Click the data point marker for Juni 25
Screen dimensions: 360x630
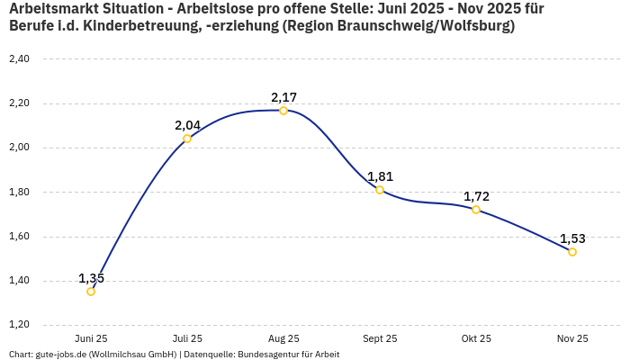pyautogui.click(x=91, y=292)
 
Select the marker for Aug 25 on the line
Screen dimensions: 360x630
pyautogui.click(x=283, y=111)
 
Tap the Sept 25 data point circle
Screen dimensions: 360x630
pyautogui.click(x=380, y=190)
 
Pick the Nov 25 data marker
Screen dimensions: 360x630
pyautogui.click(x=572, y=252)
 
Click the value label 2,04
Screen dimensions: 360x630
pyautogui.click(x=187, y=125)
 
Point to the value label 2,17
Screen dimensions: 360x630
pyautogui.click(x=283, y=97)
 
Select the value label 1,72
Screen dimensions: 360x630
pyautogui.click(x=476, y=196)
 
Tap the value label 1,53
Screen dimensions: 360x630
pyautogui.click(x=572, y=238)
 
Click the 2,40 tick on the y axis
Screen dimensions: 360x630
pyautogui.click(x=19, y=59)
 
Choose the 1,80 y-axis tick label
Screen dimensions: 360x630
pyautogui.click(x=19, y=193)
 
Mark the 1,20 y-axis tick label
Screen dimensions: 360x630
pyautogui.click(x=19, y=325)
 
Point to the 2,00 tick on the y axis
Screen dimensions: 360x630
pyautogui.click(x=19, y=148)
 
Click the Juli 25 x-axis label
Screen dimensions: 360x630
pyautogui.click(x=187, y=338)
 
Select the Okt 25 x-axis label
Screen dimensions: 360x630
pyautogui.click(x=476, y=338)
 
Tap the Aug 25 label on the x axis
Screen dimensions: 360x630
pyautogui.click(x=283, y=338)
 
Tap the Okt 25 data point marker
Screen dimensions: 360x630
pyautogui.click(x=476, y=210)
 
